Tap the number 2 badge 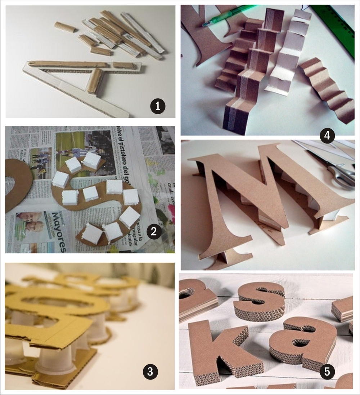154,231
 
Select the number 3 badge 150,372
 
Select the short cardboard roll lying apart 66,27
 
